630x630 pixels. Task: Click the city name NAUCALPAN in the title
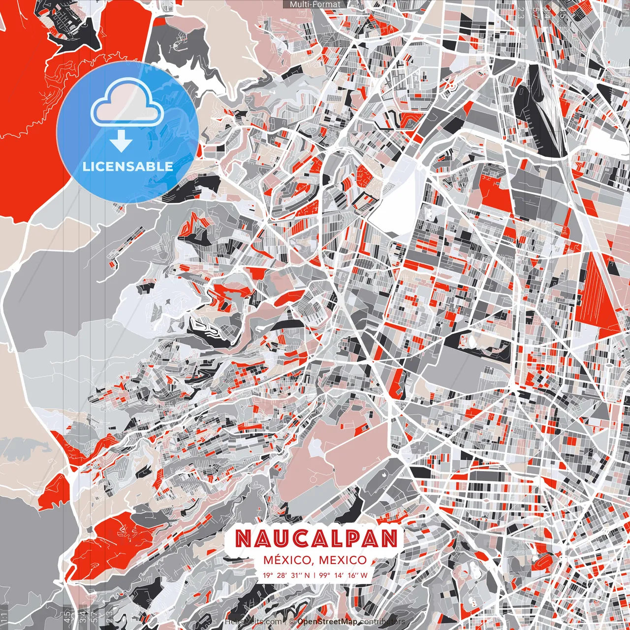coord(315,539)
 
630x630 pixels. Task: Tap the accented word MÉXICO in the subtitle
coord(288,560)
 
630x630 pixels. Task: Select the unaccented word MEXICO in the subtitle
coord(343,560)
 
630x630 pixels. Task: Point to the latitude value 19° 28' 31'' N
coord(286,575)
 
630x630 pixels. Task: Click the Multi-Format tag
coord(315,4)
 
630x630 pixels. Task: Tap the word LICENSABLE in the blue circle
coord(128,166)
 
